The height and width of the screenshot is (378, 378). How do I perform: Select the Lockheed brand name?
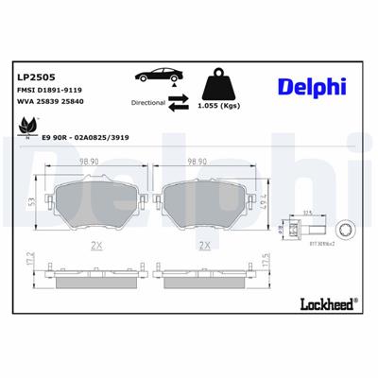pos(324,303)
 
